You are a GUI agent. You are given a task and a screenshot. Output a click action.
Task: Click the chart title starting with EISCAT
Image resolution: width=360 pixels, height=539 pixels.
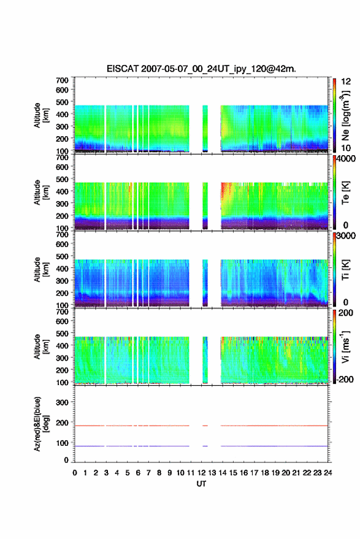click(x=201, y=69)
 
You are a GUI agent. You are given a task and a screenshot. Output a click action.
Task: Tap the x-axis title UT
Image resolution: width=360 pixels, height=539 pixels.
click(x=201, y=484)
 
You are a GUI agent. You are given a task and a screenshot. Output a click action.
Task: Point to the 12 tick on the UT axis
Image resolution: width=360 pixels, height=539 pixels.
click(x=201, y=473)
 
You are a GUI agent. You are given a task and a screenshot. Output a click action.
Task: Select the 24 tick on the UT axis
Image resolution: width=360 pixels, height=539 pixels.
click(x=327, y=473)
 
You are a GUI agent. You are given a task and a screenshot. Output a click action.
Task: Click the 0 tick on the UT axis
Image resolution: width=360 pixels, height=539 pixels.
click(x=75, y=473)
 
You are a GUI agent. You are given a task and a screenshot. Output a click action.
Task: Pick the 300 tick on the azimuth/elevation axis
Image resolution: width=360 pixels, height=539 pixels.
click(x=62, y=402)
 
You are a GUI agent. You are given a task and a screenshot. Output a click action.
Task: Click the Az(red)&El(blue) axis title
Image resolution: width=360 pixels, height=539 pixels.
click(x=41, y=424)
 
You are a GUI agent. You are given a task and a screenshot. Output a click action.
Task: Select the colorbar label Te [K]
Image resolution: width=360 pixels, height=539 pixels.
click(x=345, y=193)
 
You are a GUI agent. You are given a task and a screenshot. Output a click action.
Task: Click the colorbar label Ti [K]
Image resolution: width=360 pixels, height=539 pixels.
click(x=345, y=270)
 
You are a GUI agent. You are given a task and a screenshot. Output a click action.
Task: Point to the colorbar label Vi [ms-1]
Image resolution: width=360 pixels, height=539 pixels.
click(x=345, y=346)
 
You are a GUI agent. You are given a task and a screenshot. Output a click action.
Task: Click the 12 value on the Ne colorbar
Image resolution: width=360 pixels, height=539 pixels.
click(x=347, y=82)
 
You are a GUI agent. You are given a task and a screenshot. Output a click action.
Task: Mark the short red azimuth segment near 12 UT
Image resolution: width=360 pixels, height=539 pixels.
click(x=205, y=426)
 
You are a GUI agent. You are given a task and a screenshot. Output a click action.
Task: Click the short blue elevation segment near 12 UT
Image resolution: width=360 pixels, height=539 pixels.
click(x=205, y=446)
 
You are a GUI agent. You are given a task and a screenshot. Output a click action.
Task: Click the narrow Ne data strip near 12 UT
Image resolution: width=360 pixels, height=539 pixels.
click(x=205, y=129)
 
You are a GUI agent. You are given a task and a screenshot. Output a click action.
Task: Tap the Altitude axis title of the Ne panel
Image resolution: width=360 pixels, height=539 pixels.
click(x=41, y=115)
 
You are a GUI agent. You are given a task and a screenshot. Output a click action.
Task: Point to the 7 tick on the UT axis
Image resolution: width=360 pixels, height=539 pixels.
click(x=148, y=473)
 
